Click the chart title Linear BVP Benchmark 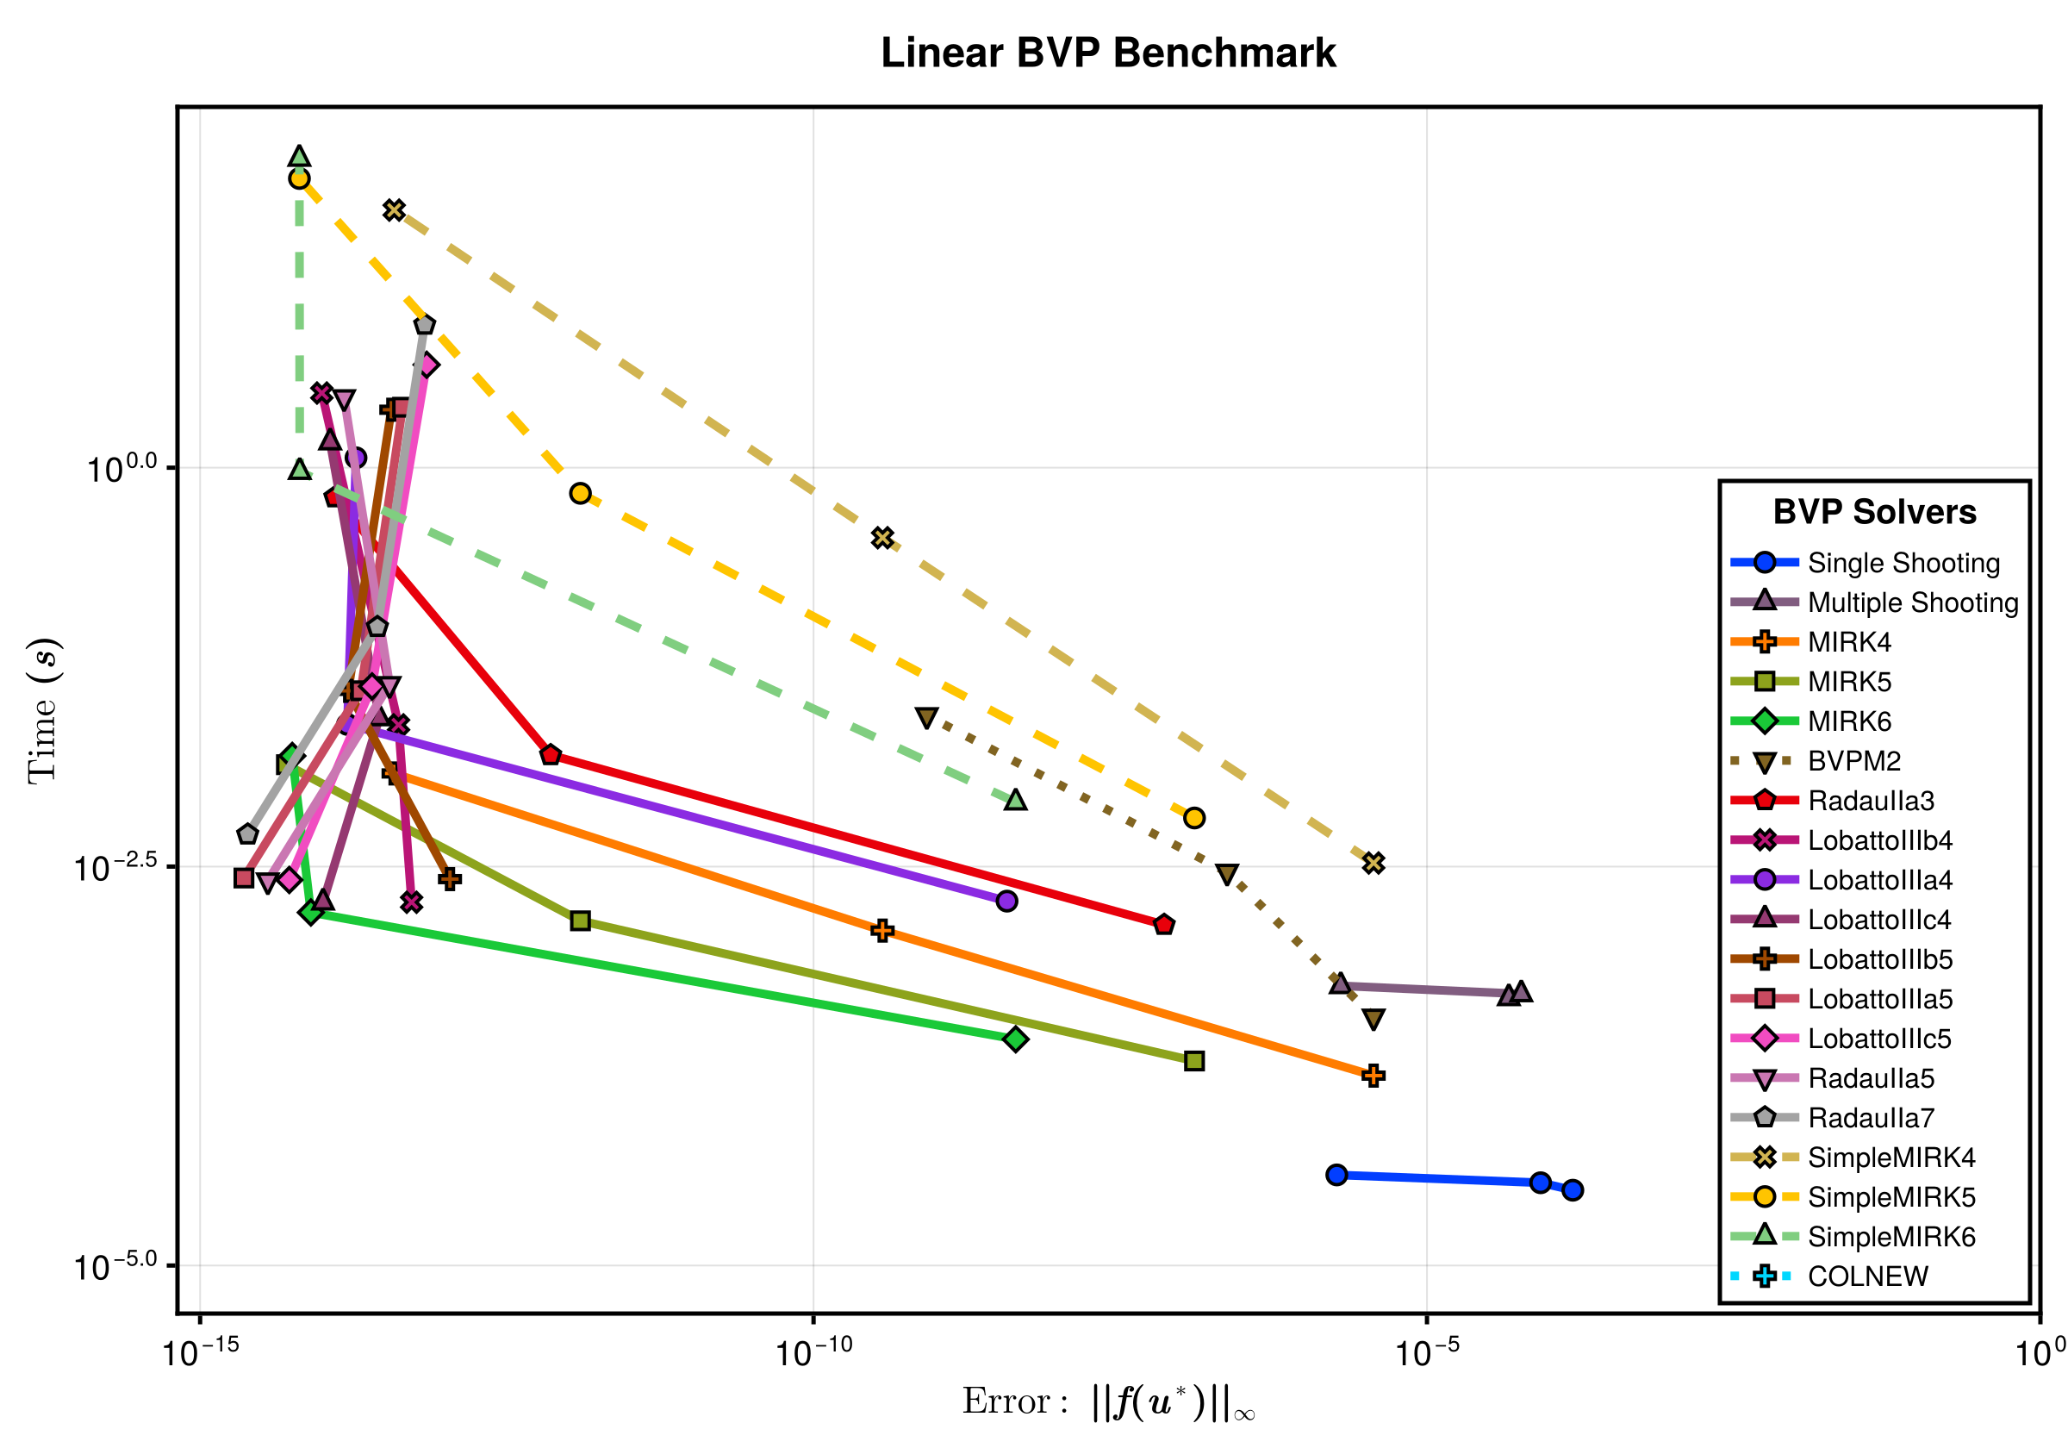(x=1108, y=53)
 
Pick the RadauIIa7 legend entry (x=1871, y=1118)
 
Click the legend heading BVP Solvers (x=1874, y=512)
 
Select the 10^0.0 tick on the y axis (x=122, y=469)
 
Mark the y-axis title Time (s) (x=43, y=711)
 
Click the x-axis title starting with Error (x=1108, y=1402)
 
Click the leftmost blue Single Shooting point (x=1336, y=1175)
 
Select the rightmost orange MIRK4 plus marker (x=1373, y=1076)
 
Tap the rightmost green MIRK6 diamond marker (x=1016, y=1039)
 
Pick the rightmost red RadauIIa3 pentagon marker (x=1164, y=926)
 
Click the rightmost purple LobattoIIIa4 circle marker (x=1007, y=901)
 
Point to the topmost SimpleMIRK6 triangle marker (x=300, y=157)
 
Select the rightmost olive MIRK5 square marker (x=1194, y=1062)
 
